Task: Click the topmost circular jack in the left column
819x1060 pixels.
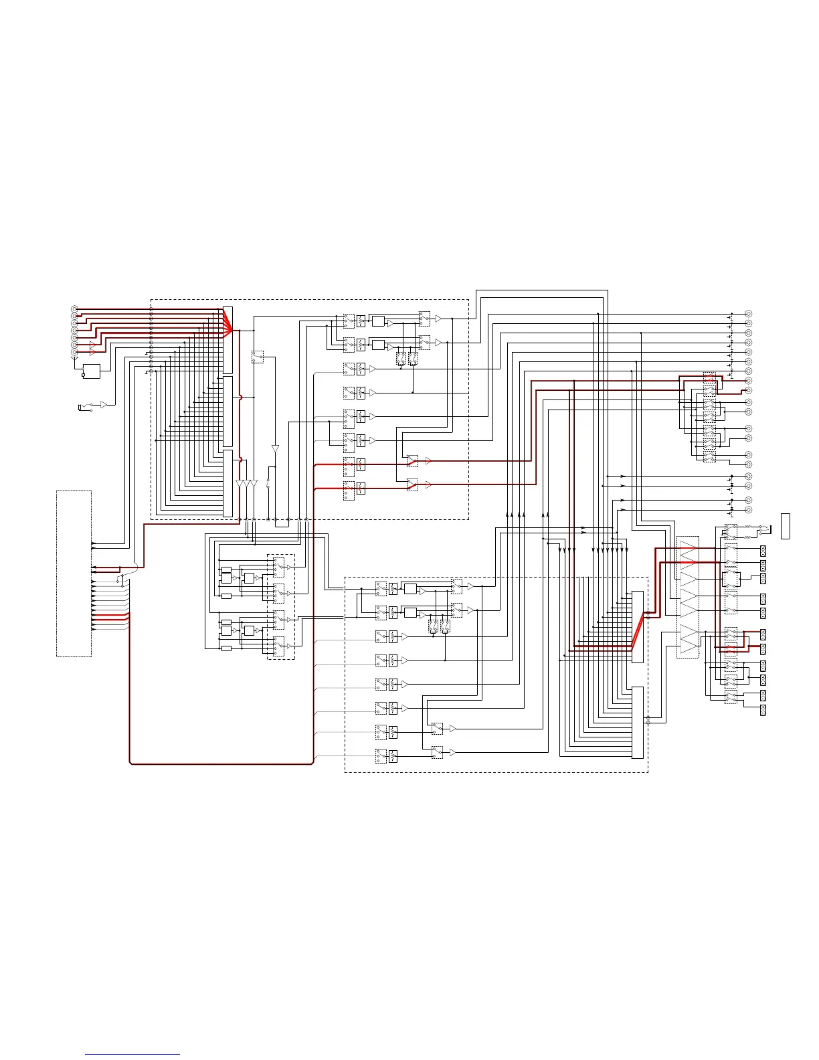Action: pos(74,308)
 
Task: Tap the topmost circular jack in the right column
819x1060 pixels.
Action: pos(748,314)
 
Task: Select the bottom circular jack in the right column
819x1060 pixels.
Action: pos(748,510)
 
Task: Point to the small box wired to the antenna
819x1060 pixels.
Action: pos(91,371)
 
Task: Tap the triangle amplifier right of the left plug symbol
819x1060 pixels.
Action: pos(103,404)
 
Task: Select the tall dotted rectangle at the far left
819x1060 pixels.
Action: pos(74,573)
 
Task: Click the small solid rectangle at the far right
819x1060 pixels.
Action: pos(786,525)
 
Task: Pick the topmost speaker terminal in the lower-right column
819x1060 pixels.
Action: pos(763,551)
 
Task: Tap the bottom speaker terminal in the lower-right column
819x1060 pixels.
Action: pos(763,709)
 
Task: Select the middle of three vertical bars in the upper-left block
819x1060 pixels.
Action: pos(227,411)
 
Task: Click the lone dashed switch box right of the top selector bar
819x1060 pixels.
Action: pos(258,357)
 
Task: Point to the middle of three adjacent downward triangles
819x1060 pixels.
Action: pos(247,484)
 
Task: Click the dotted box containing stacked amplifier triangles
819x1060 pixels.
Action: pos(688,597)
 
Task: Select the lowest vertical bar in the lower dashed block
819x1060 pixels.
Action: pos(638,722)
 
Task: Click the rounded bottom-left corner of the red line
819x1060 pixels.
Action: pos(131,762)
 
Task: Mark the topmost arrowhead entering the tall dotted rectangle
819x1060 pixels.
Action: pos(94,543)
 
